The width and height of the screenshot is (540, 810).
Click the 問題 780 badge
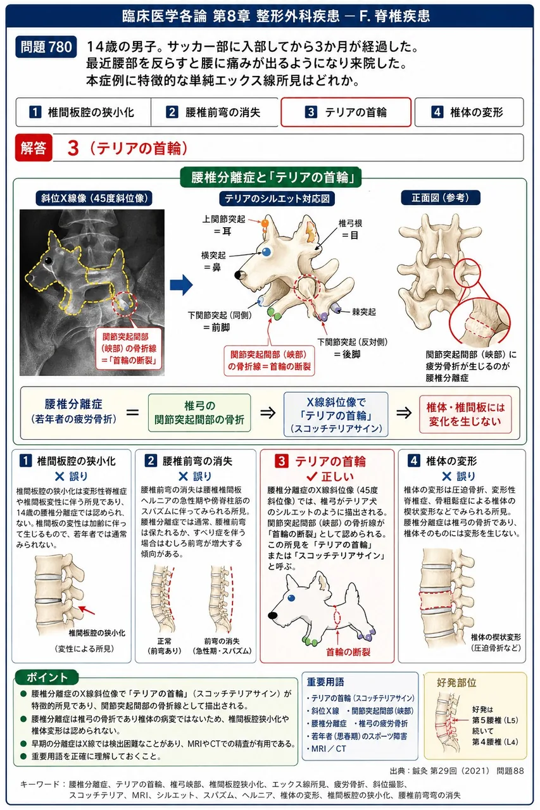(x=46, y=47)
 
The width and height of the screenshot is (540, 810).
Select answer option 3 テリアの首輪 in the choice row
(x=346, y=112)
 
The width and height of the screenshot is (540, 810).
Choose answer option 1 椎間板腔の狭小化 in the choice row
(x=83, y=112)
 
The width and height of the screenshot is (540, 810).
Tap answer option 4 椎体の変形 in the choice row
(x=468, y=112)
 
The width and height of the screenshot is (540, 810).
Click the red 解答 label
(x=34, y=147)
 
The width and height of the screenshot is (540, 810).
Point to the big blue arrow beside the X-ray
(x=181, y=285)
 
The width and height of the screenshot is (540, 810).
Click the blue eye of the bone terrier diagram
(x=267, y=252)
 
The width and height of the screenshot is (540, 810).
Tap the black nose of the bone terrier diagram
(x=239, y=275)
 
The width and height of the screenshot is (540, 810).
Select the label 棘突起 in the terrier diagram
(x=364, y=311)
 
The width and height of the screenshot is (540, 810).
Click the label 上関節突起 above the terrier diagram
(x=223, y=219)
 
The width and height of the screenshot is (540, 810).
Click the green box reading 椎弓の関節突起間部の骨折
(x=199, y=413)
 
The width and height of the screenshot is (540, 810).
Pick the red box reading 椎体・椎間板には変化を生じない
(x=465, y=414)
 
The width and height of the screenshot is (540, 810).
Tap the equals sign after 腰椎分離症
(x=133, y=412)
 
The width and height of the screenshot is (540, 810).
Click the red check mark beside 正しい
(x=311, y=476)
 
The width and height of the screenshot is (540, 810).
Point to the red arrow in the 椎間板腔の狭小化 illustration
(x=87, y=610)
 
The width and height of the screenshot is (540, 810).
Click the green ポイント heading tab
(x=47, y=677)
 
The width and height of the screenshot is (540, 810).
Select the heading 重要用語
(x=325, y=682)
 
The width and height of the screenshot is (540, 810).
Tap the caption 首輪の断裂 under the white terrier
(x=348, y=652)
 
